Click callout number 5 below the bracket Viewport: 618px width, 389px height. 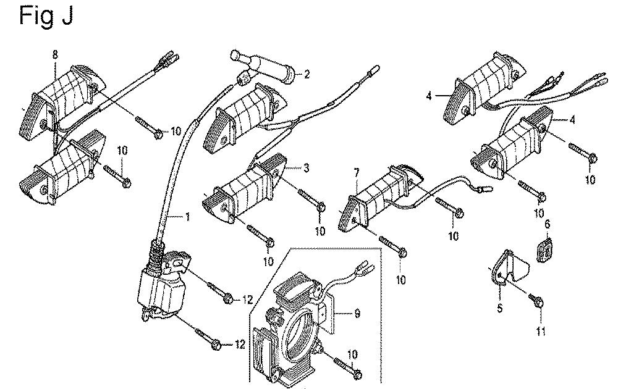pyautogui.click(x=500, y=306)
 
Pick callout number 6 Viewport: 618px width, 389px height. pyautogui.click(x=547, y=224)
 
